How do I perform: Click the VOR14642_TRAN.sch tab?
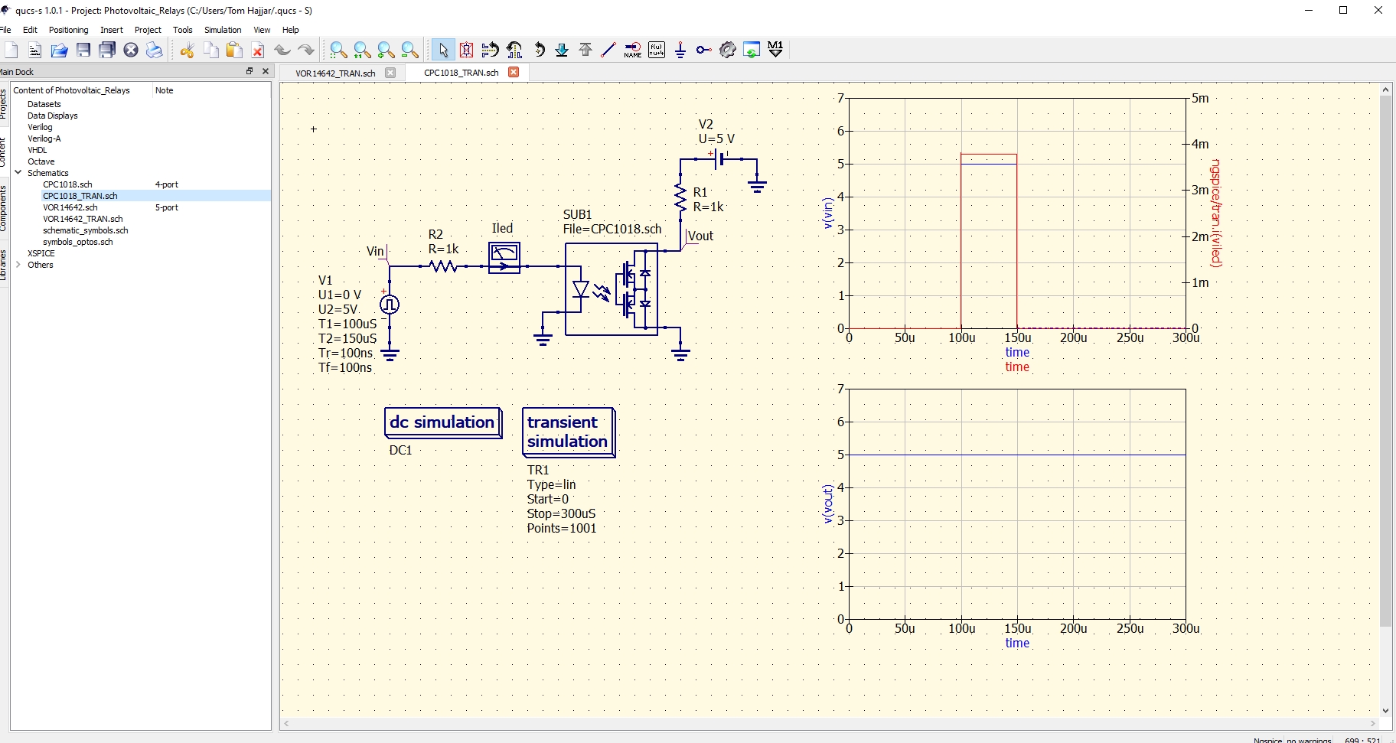click(x=335, y=73)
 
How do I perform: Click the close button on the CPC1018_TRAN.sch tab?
click(x=514, y=73)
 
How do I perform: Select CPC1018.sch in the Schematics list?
click(x=67, y=184)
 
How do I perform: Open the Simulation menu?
click(x=223, y=30)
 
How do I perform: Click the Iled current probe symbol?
click(x=504, y=257)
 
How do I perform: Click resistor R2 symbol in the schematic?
click(x=443, y=266)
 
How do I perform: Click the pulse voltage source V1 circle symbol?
click(x=390, y=305)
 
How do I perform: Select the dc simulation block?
click(x=442, y=422)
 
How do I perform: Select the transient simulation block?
click(x=567, y=432)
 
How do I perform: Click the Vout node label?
click(x=701, y=236)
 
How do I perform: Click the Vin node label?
click(x=375, y=251)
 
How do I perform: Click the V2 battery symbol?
click(x=718, y=159)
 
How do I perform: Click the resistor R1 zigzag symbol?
click(x=680, y=197)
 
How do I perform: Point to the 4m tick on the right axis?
click(x=1200, y=144)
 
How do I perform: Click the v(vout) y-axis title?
click(x=827, y=503)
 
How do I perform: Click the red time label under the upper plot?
click(x=1017, y=367)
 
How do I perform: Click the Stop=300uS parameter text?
click(x=561, y=513)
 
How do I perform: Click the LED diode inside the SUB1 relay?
click(x=581, y=289)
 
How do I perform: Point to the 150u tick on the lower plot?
click(x=1017, y=628)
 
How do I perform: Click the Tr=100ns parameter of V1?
click(x=345, y=353)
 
